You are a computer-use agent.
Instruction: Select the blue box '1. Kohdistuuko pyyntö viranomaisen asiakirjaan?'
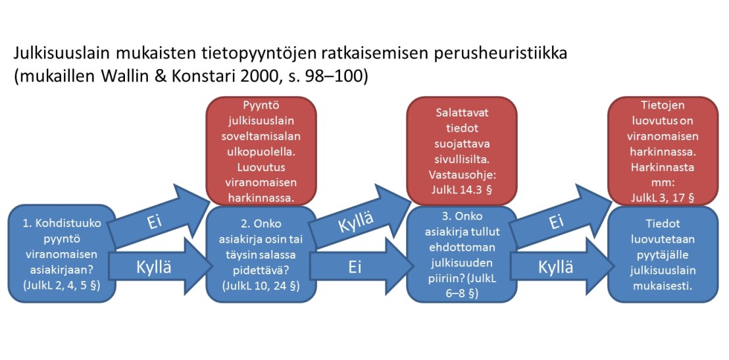(x=60, y=254)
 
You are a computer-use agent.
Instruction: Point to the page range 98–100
(x=334, y=76)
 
